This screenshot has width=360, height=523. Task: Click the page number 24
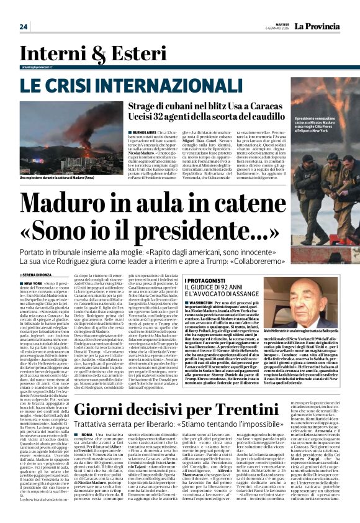24,27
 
